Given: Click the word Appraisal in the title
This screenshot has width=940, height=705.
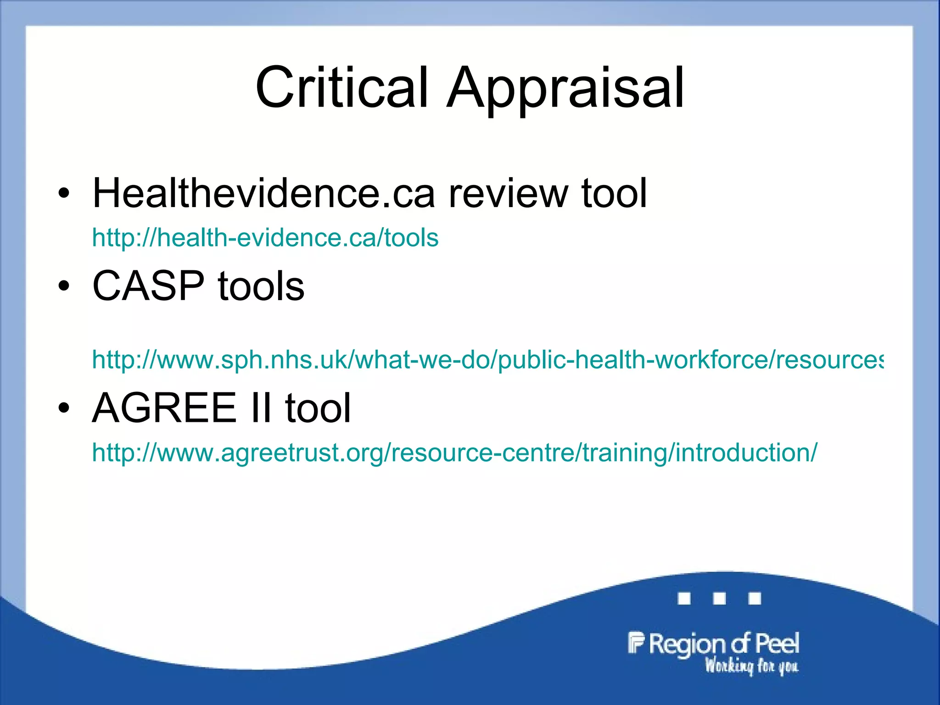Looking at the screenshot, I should coord(565,88).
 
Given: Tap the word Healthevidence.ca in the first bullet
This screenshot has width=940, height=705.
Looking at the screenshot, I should coord(263,193).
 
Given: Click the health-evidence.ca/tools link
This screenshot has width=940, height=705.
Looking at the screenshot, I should coord(265,238).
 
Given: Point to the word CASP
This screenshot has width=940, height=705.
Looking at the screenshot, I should coord(148,285).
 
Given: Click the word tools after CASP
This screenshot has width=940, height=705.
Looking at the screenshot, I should coord(261,285).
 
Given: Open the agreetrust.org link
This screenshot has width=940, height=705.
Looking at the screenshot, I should coord(454,453).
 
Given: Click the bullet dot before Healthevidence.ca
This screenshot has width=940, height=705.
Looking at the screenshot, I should coord(64,194).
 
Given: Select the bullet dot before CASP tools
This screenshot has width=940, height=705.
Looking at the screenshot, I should coord(64,286).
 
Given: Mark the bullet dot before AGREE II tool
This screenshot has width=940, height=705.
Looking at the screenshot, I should coord(64,408).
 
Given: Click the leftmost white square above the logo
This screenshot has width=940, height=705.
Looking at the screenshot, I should coord(684,599).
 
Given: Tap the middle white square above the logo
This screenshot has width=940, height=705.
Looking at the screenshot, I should coord(720,599).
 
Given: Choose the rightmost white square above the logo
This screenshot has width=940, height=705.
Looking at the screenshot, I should coord(755,599).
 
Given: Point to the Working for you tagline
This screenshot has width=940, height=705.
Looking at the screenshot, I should coord(751,666).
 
